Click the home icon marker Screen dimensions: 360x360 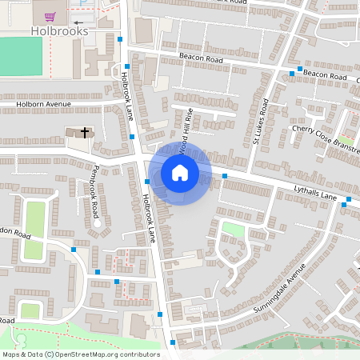[x=180, y=173]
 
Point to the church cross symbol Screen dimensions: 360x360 [x=83, y=132]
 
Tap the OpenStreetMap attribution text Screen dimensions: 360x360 [x=80, y=354]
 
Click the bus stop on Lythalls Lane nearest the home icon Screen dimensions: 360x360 [x=225, y=175]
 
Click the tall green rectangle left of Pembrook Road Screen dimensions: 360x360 [x=34, y=230]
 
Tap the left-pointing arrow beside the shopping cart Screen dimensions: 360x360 [x=78, y=22]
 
